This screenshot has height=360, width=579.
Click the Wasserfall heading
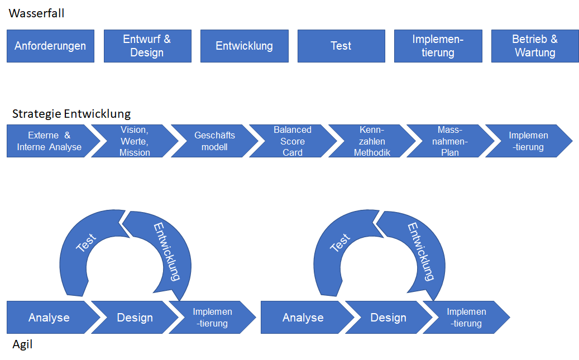[x=36, y=13]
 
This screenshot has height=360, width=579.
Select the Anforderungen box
[x=50, y=46]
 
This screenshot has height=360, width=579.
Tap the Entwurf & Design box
[x=147, y=46]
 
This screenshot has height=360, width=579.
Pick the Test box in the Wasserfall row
[x=341, y=46]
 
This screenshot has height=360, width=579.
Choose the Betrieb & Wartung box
[x=534, y=46]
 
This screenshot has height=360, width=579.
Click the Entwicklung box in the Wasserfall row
[x=244, y=46]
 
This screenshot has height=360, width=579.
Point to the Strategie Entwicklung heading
[x=71, y=114]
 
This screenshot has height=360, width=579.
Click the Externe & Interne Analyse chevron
[x=49, y=141]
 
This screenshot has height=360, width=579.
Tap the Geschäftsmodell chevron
[x=214, y=141]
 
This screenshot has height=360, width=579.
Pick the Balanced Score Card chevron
[x=293, y=141]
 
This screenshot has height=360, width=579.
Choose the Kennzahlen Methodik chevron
[x=372, y=141]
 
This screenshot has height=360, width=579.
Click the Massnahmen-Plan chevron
[x=450, y=141]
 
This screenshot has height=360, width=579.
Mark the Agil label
[x=22, y=344]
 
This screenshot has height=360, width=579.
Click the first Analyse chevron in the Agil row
[x=49, y=318]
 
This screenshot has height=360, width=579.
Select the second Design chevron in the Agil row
[x=389, y=318]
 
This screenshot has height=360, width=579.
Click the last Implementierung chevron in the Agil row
[x=467, y=318]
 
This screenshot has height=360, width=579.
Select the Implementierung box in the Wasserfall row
[x=438, y=46]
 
